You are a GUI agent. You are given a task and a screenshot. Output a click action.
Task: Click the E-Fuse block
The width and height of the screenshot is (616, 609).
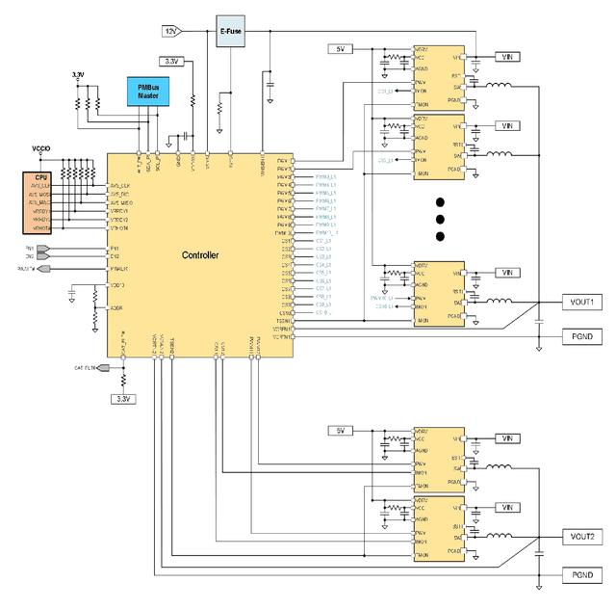click(x=230, y=29)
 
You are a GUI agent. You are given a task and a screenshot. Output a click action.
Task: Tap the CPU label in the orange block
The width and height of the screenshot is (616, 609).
click(x=40, y=178)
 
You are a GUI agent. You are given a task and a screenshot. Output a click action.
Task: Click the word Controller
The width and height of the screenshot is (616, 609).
click(x=200, y=255)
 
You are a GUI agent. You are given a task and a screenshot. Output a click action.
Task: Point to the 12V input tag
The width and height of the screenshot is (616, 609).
click(x=172, y=31)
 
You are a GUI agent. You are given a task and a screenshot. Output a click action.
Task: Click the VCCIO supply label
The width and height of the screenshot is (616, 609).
click(x=40, y=148)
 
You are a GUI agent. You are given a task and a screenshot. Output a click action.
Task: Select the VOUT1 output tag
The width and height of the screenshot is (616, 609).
click(x=580, y=302)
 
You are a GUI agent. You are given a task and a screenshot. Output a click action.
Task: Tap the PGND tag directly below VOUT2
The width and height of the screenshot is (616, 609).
click(x=580, y=575)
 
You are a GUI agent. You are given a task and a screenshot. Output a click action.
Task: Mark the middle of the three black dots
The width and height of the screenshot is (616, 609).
click(x=440, y=220)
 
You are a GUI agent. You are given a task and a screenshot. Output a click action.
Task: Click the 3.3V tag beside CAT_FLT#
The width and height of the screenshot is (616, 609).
click(x=123, y=398)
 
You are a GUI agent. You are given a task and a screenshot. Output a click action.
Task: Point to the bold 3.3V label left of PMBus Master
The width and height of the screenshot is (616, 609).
click(x=78, y=75)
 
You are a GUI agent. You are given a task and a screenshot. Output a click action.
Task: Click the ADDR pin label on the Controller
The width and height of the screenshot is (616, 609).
click(x=116, y=308)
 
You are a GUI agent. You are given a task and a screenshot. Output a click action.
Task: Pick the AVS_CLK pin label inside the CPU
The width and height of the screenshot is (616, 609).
click(x=39, y=186)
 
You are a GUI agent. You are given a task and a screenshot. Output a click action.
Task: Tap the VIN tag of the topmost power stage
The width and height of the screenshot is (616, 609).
click(x=507, y=56)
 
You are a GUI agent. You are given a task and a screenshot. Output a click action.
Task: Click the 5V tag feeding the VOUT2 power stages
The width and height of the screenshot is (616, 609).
click(x=340, y=430)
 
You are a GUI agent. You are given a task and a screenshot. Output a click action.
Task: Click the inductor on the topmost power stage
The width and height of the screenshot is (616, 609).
click(x=498, y=85)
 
